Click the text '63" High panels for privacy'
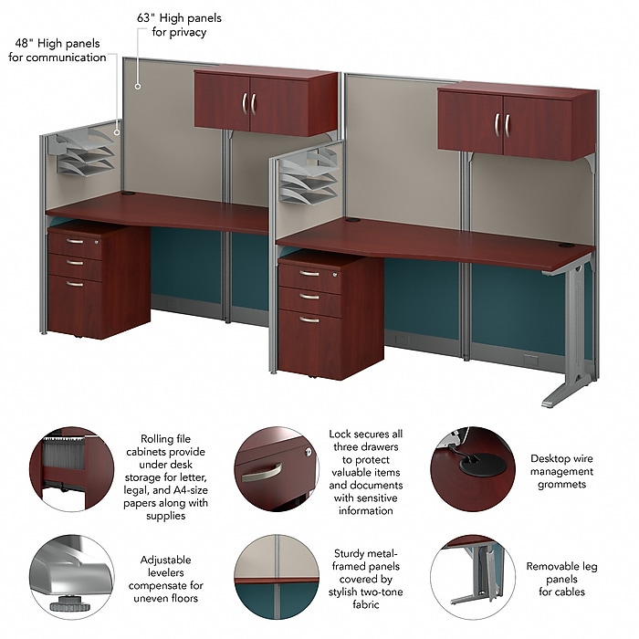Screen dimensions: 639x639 tap(179, 25)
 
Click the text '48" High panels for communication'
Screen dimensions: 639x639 tap(58, 50)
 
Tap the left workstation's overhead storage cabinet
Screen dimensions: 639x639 tap(266, 102)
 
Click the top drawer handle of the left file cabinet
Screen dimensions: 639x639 tap(75, 241)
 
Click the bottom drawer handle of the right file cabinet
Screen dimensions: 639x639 tap(309, 319)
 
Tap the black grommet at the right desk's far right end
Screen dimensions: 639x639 tap(567, 246)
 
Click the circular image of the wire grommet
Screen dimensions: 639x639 tap(473, 469)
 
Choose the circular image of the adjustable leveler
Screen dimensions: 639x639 tap(72, 577)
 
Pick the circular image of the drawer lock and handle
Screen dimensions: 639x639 tap(277, 469)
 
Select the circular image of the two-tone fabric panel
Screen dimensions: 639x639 tap(277, 577)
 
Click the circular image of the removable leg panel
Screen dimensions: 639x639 tap(473, 577)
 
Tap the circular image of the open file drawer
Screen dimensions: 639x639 tap(72, 469)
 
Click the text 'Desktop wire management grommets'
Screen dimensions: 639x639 tap(561, 471)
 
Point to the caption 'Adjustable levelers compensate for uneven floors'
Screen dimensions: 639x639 tap(166, 579)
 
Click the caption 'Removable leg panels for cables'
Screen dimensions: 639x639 tap(561, 579)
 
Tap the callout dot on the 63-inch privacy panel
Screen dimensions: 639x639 tap(138, 87)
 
